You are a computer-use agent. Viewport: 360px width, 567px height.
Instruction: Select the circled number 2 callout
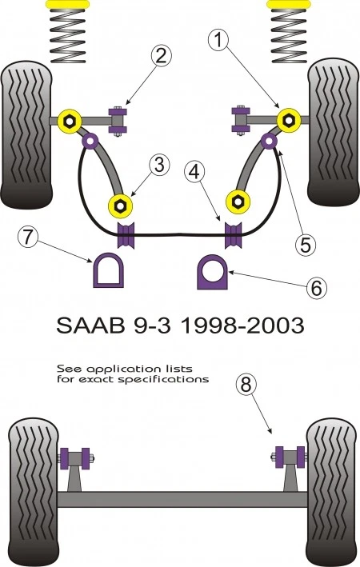161,56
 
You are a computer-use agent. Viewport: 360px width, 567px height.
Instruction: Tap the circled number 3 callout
159,166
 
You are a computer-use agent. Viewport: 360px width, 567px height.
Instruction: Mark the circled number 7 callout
27,238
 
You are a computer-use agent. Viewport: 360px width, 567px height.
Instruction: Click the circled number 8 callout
246,385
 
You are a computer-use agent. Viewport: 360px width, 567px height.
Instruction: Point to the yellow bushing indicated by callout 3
120,206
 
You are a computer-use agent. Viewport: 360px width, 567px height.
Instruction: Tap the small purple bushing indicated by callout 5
270,143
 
